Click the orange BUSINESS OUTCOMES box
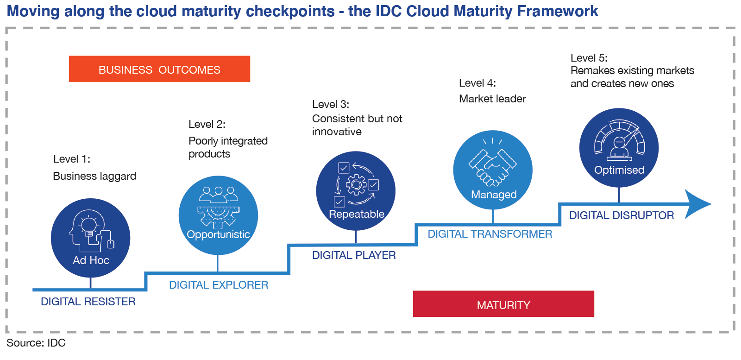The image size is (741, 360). (159, 69)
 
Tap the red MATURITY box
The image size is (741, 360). (503, 304)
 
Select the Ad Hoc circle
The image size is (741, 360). (91, 238)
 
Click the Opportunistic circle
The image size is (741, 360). (218, 215)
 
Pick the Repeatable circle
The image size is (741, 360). (356, 191)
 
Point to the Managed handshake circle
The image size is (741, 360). (493, 170)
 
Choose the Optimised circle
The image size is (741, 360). (619, 148)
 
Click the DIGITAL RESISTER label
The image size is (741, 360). (88, 302)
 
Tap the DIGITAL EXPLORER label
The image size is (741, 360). (219, 285)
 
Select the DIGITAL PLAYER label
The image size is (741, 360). (354, 255)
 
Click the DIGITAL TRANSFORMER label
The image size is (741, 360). (490, 234)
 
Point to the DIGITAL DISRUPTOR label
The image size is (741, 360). (622, 215)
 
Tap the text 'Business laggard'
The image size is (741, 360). (94, 176)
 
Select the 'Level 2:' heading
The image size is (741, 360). (207, 125)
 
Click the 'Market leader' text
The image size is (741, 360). (492, 99)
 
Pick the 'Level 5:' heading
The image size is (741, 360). (589, 58)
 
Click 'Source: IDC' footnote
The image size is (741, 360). (36, 343)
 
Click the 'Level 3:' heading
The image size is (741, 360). (331, 105)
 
